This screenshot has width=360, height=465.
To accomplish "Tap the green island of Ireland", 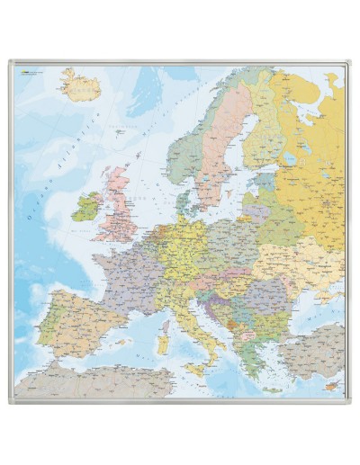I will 86,208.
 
